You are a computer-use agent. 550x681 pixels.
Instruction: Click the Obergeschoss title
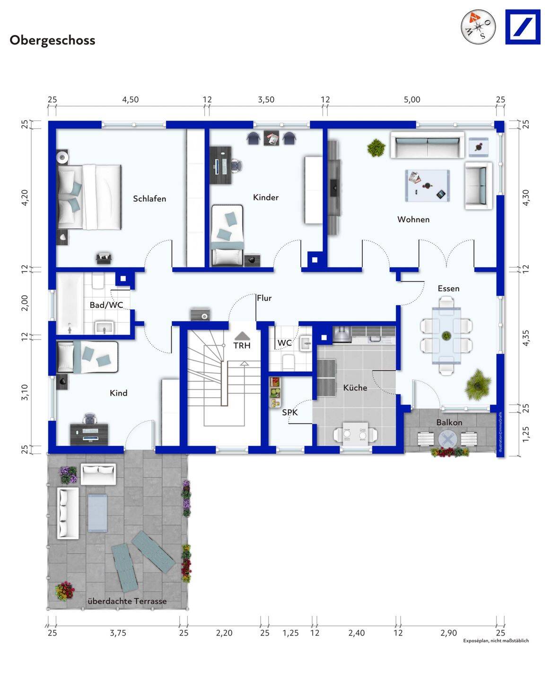[52, 41]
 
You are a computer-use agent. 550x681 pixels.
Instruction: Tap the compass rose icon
[478, 26]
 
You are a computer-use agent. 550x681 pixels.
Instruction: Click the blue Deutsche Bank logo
[523, 27]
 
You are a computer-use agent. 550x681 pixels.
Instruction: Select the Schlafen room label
[149, 199]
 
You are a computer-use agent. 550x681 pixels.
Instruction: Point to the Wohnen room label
[413, 219]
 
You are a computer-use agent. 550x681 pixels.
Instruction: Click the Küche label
[355, 387]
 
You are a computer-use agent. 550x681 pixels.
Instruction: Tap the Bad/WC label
[106, 305]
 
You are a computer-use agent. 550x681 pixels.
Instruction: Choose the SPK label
[290, 412]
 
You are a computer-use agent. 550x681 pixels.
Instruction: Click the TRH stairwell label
[242, 346]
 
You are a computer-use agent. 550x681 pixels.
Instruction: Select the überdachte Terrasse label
[127, 601]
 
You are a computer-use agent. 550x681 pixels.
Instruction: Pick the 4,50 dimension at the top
[131, 100]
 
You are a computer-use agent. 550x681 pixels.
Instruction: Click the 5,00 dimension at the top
[412, 100]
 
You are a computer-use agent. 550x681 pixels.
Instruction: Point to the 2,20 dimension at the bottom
[224, 633]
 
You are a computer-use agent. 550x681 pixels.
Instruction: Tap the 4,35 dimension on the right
[526, 338]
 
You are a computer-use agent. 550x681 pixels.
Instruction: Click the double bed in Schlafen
[89, 197]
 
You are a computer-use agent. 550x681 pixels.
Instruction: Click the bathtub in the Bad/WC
[70, 304]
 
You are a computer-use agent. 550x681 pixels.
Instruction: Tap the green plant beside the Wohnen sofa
[376, 148]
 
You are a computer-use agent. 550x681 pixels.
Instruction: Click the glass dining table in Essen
[446, 335]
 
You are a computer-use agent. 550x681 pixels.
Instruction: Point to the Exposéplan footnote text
[496, 640]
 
